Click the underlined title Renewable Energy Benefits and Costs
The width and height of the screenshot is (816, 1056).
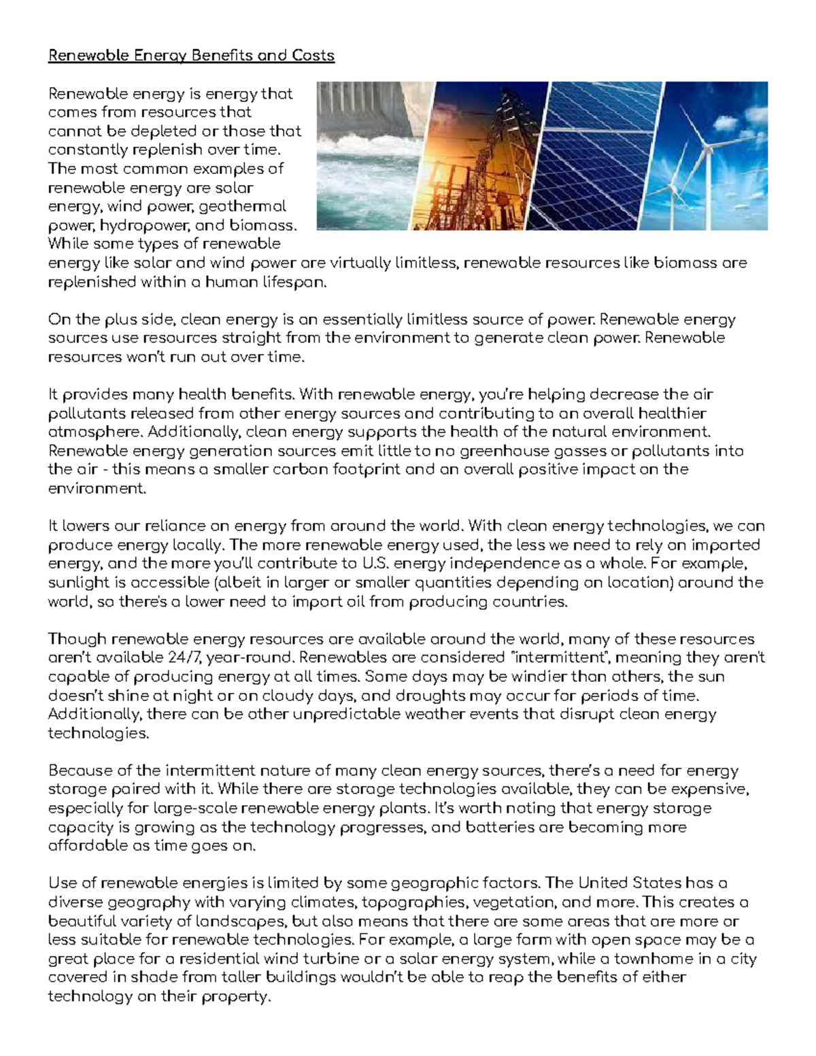pos(191,55)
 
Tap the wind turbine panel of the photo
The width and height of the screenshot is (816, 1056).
pos(717,156)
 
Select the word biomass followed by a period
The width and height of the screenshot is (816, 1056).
pos(272,225)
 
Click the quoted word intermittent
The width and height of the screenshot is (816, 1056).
pos(563,658)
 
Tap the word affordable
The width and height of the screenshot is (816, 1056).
pos(88,846)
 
